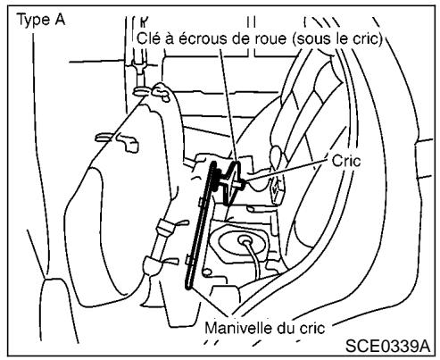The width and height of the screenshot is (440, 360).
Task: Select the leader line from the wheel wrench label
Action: [x=230, y=107]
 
